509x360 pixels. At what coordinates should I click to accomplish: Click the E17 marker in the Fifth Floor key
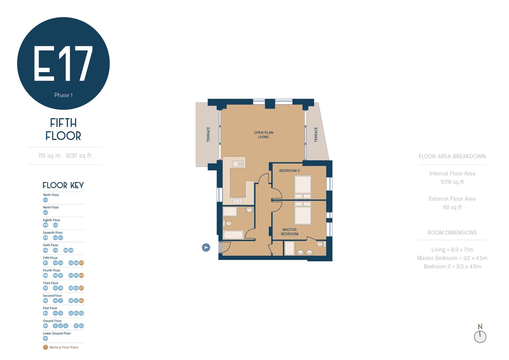(x=81, y=263)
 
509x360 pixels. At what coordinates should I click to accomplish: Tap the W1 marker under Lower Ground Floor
(x=46, y=338)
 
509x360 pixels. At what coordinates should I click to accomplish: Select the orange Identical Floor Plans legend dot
(x=46, y=347)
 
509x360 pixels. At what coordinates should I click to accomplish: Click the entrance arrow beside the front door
(x=206, y=247)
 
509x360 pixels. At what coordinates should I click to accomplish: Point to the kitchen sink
(x=238, y=164)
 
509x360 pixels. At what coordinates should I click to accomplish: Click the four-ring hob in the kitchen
(x=238, y=201)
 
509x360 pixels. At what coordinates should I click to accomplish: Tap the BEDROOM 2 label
(x=289, y=171)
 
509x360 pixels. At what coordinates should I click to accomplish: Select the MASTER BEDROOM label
(x=289, y=232)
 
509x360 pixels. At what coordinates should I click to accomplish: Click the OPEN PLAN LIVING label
(x=263, y=135)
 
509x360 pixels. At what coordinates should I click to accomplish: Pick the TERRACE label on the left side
(x=209, y=134)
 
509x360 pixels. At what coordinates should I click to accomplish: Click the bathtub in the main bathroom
(x=233, y=235)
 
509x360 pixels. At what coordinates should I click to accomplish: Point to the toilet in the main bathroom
(x=228, y=223)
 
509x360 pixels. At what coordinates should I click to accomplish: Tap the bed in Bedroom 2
(x=303, y=187)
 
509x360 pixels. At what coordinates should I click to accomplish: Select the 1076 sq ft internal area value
(x=452, y=182)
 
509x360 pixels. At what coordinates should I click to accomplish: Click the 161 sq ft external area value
(x=452, y=207)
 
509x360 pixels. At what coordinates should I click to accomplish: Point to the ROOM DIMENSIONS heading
(x=452, y=233)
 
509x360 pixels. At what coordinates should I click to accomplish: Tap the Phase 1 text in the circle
(x=63, y=95)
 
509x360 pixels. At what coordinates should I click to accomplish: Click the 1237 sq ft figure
(x=78, y=156)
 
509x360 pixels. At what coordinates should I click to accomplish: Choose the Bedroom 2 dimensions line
(x=452, y=266)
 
